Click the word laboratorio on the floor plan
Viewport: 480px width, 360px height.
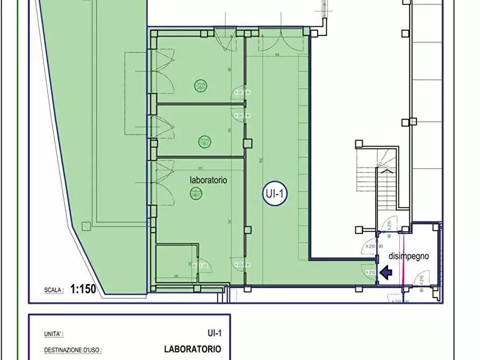click(x=208, y=181)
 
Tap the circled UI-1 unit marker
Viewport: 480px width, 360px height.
click(x=275, y=195)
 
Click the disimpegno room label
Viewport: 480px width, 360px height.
click(x=409, y=256)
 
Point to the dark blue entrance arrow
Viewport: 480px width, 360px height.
click(x=386, y=273)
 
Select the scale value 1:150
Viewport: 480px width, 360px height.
click(x=82, y=289)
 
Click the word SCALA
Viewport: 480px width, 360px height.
click(x=54, y=290)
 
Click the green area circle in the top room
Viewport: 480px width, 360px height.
click(x=200, y=85)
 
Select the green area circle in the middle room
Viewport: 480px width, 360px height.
click(x=204, y=142)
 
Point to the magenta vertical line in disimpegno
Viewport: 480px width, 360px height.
click(x=402, y=263)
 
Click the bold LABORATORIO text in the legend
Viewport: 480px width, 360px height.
click(x=192, y=349)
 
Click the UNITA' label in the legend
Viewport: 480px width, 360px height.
click(x=54, y=334)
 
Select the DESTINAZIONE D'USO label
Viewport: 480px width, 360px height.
click(x=73, y=350)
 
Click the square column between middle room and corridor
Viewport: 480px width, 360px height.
click(x=247, y=143)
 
